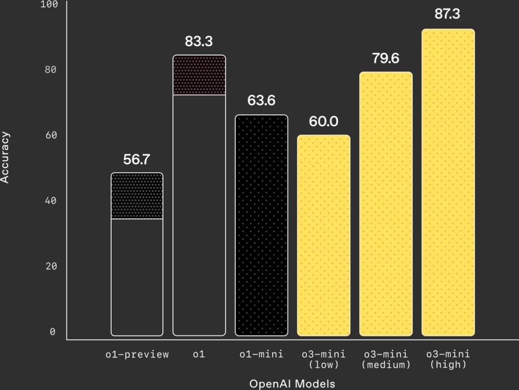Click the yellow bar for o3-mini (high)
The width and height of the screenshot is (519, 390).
point(448,182)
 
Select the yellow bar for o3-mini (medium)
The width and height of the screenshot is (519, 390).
point(386,204)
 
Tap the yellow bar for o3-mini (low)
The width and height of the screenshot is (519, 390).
point(323,235)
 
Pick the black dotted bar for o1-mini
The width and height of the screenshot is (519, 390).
point(261,225)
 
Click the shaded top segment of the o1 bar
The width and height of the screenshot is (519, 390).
point(199,75)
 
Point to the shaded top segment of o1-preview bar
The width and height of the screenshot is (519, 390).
point(137,196)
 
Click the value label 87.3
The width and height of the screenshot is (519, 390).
point(447,14)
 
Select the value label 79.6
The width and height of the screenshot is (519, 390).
point(386,58)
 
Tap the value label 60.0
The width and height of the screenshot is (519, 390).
point(323,122)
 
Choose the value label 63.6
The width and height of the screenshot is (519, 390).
point(261,101)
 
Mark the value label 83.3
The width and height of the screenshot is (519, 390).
point(199,42)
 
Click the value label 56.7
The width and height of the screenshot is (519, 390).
point(136,159)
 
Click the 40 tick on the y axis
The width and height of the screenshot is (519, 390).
point(50,201)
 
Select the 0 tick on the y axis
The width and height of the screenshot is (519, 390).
point(52,332)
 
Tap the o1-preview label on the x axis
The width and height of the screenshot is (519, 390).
point(137,355)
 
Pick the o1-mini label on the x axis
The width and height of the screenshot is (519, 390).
point(262,355)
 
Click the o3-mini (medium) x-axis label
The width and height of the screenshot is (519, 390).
point(386,359)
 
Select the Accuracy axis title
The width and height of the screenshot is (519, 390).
point(5,157)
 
